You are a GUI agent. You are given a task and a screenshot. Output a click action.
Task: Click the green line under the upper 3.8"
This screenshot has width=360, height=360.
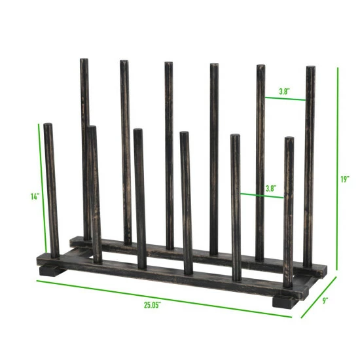285,99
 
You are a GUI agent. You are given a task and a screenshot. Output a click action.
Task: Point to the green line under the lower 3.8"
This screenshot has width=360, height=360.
262,194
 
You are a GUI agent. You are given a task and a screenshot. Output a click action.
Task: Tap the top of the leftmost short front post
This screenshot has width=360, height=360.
48,126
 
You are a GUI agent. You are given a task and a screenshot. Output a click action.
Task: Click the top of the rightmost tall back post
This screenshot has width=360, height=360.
310,69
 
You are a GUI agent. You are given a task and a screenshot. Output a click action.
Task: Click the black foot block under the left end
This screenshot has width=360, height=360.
49,269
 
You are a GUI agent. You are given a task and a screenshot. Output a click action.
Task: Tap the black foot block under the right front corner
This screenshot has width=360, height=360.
283,302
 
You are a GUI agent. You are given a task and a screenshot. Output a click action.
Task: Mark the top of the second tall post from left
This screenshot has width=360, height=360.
123,63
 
